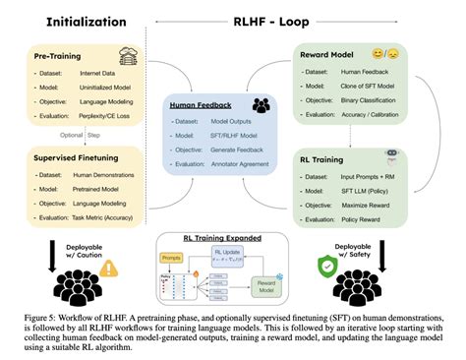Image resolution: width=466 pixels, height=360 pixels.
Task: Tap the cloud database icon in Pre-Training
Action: click(x=127, y=55)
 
